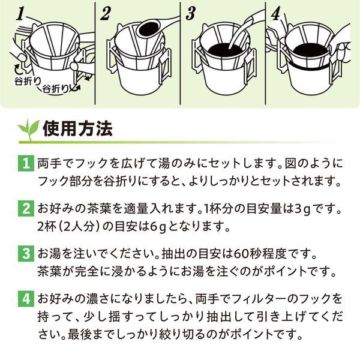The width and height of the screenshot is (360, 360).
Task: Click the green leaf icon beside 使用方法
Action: [28, 129]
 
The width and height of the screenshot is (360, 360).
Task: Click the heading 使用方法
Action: [77, 129]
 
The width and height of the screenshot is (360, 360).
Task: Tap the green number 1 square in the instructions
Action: [26, 163]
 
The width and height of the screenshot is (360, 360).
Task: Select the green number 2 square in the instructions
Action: [26, 208]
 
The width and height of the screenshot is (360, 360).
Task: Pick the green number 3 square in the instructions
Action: [26, 253]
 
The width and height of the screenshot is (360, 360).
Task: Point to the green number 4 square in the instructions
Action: [26, 299]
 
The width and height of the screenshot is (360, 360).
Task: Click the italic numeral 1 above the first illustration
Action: [20, 14]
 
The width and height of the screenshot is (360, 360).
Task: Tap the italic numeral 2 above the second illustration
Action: [106, 14]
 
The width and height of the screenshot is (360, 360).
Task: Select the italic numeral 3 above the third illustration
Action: [191, 14]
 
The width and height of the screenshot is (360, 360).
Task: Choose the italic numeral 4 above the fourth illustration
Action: [276, 14]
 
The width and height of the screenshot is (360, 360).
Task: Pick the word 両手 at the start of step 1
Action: [47, 163]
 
